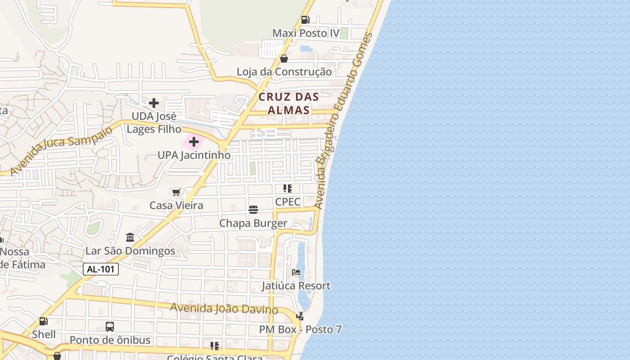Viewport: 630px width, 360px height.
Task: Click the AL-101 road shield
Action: point(101,269)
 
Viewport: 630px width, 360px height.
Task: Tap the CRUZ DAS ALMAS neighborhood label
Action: point(288,103)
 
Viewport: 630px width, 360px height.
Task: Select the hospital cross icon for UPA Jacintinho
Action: point(194,142)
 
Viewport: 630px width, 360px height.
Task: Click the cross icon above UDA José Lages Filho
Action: point(154,103)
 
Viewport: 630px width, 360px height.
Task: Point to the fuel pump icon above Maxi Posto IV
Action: point(305,20)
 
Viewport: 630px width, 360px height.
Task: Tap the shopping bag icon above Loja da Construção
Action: point(284,58)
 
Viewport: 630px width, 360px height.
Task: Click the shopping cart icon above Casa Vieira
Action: point(176,192)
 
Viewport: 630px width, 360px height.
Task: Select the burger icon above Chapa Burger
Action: point(253,210)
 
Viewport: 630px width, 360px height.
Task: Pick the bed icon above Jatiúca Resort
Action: point(296,272)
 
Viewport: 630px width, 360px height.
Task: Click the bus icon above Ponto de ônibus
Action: point(110,327)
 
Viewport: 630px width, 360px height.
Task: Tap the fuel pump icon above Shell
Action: point(44,321)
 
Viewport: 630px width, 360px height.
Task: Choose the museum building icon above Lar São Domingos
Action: point(130,237)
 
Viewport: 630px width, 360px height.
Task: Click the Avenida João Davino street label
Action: point(224,309)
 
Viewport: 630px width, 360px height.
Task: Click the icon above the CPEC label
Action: point(288,189)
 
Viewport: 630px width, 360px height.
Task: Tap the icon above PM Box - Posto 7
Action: point(300,316)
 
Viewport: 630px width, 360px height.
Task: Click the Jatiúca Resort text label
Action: point(296,286)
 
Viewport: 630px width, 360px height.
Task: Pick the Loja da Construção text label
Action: point(284,72)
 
